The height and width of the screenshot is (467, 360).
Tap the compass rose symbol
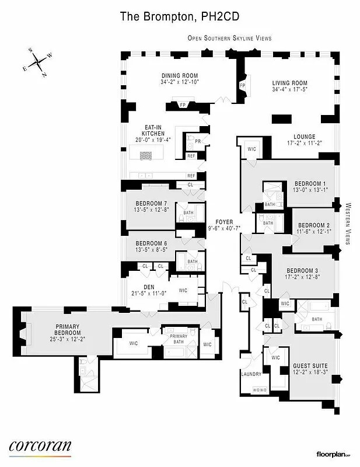(x=38, y=62)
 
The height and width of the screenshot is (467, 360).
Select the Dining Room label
(x=180, y=76)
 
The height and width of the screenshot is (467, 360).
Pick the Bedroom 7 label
(x=151, y=203)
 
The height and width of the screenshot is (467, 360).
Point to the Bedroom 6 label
(x=151, y=243)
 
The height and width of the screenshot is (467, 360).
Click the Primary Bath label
(x=179, y=336)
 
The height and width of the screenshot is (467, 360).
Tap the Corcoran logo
(x=40, y=447)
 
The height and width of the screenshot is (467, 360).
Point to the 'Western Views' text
(x=348, y=224)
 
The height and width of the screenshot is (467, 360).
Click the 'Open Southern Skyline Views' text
(x=229, y=38)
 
